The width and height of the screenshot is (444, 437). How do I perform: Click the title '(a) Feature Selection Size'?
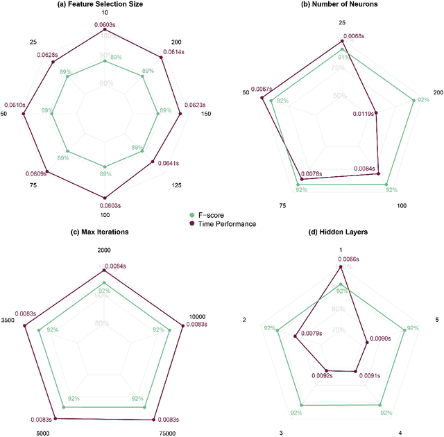pos(104,4)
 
